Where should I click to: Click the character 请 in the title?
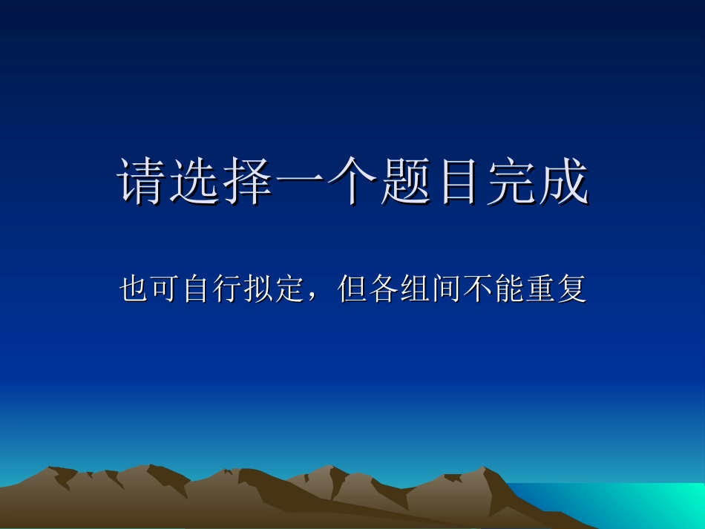click(143, 181)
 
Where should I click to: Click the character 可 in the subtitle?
click(163, 289)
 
